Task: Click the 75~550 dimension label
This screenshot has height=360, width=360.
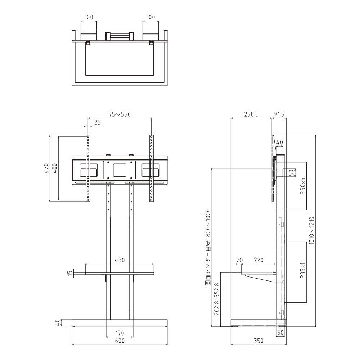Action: click(120, 114)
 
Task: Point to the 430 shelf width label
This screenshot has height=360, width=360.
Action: click(120, 260)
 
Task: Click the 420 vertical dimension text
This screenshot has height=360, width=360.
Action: click(46, 168)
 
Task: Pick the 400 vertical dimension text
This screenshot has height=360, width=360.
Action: click(55, 168)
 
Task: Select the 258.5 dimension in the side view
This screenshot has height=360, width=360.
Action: click(251, 114)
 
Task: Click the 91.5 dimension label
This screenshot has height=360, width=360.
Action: click(279, 114)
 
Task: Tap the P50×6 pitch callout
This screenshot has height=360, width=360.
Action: click(303, 186)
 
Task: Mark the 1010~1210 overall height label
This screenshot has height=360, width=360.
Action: click(311, 231)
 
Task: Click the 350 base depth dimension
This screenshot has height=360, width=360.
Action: click(258, 341)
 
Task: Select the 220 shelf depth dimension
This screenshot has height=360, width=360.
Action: click(258, 260)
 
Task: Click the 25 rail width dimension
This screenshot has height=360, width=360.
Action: click(97, 122)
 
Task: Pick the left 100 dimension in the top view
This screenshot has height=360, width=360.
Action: click(89, 17)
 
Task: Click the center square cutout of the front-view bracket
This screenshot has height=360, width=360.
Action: click(120, 170)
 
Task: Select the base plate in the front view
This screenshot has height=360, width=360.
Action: click(120, 323)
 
